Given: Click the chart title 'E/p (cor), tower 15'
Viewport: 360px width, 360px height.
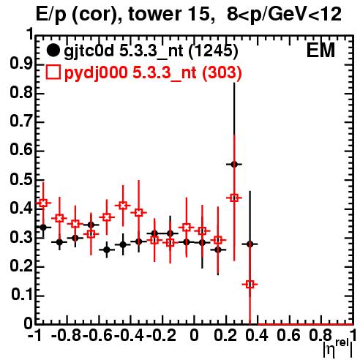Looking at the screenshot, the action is coord(123,15).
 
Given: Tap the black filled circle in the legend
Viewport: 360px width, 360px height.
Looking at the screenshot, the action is coord(53,50).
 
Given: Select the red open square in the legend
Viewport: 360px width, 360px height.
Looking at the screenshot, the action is coord(53,72).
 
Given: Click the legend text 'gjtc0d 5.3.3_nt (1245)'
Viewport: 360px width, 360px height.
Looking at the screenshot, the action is coord(151,51).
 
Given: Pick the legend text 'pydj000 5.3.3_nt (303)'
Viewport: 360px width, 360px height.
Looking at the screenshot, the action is coord(153,72).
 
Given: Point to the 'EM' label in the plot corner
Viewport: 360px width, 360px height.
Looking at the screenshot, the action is coord(320,50).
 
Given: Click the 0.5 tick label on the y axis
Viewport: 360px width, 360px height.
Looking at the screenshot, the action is coord(21,179).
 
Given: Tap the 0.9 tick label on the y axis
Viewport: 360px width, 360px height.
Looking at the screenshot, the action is coord(21,64).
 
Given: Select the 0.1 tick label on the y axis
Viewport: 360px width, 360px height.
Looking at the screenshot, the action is coord(22,295).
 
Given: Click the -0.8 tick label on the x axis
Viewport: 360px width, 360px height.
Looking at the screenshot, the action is coord(66,335).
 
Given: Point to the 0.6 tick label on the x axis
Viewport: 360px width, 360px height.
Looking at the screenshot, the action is coord(288,335).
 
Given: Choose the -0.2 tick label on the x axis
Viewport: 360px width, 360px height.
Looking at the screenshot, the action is coord(161,335).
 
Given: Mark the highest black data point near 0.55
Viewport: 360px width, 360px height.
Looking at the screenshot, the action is coord(234,165).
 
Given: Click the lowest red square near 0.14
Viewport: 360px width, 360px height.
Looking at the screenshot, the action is coord(250,285).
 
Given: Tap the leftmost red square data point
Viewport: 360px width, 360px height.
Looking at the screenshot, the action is coord(43,203).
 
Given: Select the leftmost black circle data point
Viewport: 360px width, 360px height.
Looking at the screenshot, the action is coord(43,228).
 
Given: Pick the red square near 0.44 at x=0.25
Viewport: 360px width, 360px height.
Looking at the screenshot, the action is coord(234,198).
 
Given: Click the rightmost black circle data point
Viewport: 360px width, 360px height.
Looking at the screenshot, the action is coord(250,244).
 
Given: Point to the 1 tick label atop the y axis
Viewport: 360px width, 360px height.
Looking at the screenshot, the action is coord(30,34).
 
